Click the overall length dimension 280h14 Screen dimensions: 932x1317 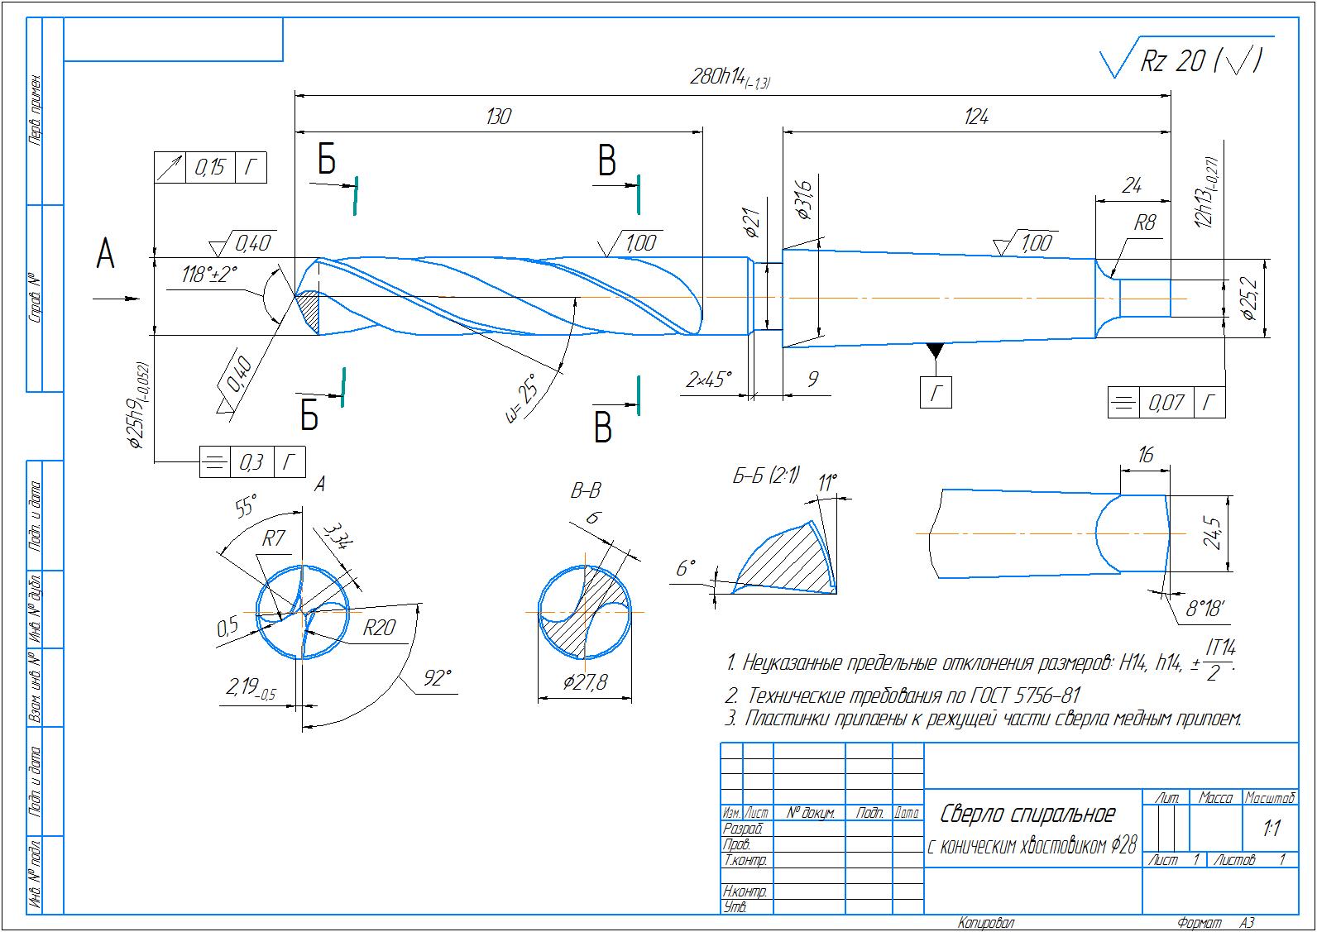point(728,78)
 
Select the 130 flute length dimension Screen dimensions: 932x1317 point(498,116)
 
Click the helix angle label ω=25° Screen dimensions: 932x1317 point(520,398)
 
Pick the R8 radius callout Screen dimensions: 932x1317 point(1144,222)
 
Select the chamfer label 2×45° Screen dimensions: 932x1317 point(709,380)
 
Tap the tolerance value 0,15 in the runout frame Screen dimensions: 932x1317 point(210,168)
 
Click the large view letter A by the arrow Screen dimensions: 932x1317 point(105,254)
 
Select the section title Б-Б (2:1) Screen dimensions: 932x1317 point(766,476)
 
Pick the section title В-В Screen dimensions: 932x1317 point(585,491)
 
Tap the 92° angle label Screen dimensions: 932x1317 point(438,679)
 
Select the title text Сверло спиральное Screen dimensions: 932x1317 point(1028,815)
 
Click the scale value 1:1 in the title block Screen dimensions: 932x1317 point(1271,829)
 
